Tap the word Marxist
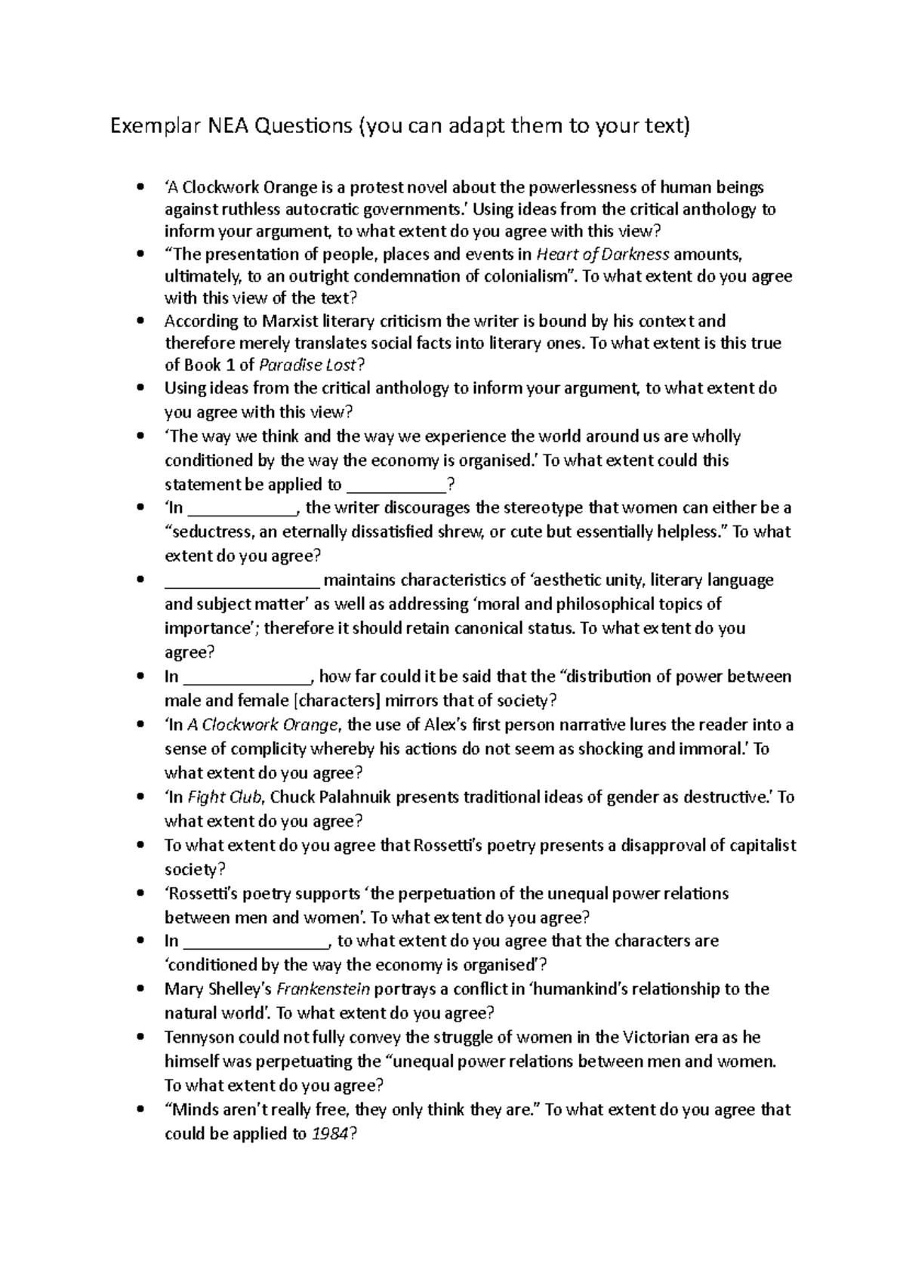(x=290, y=322)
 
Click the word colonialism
(x=525, y=276)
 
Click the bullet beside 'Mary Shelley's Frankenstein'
(x=140, y=989)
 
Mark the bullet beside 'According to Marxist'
(x=140, y=322)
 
